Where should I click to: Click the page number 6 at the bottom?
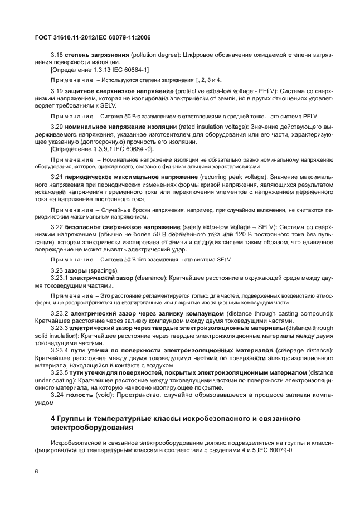(x=36, y=471)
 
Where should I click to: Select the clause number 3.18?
(x=57, y=55)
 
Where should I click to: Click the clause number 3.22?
(x=57, y=227)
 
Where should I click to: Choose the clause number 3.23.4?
(x=59, y=351)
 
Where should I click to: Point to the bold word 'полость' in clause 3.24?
(x=79, y=395)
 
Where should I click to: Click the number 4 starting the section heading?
(x=53, y=418)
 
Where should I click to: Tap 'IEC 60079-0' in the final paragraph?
(x=292, y=449)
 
